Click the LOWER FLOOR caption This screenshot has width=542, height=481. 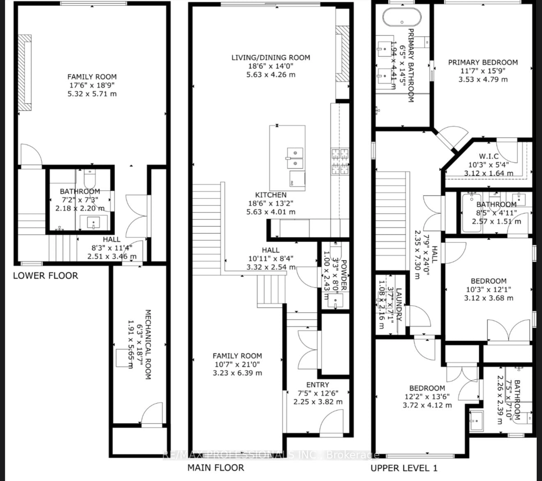click(x=46, y=276)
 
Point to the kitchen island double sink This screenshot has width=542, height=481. click(x=295, y=158)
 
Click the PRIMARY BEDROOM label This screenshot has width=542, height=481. click(x=483, y=63)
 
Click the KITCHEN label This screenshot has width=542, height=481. click(x=271, y=195)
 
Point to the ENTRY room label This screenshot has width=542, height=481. click(x=318, y=385)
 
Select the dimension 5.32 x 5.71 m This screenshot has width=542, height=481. click(x=92, y=94)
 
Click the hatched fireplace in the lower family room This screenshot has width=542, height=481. click(x=25, y=72)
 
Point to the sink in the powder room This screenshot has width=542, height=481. click(x=335, y=301)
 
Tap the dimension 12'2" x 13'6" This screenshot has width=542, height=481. click(x=427, y=397)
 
